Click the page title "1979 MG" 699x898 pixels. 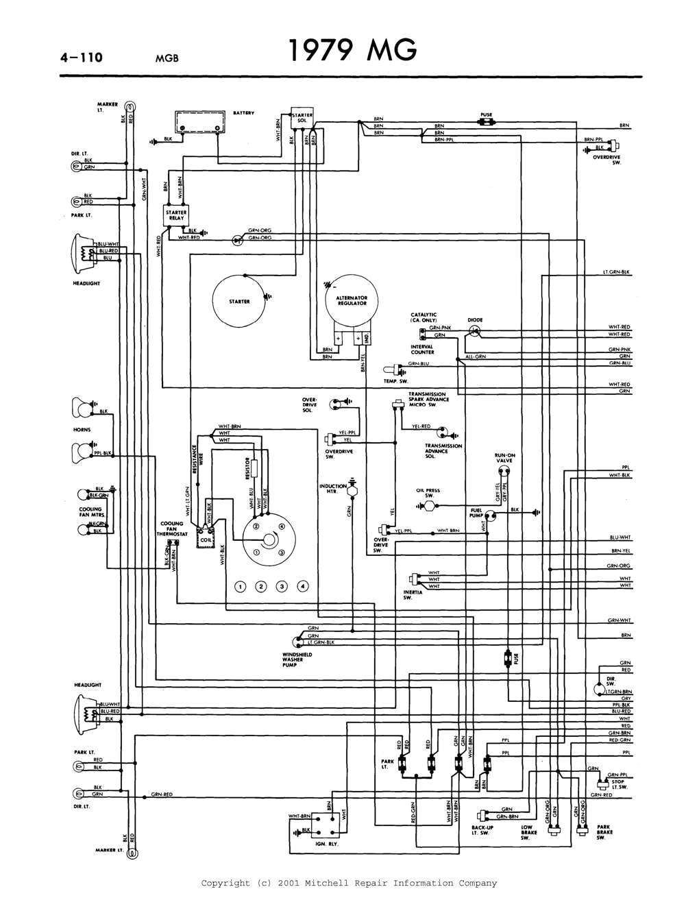(351, 51)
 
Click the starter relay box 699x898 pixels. (176, 216)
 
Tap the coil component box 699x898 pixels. (205, 539)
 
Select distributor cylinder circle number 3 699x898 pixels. (282, 586)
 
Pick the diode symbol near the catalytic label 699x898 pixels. (474, 331)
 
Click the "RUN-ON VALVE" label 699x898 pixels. (505, 458)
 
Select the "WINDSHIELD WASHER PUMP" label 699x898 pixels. (297, 659)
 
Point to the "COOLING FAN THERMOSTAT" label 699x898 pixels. (171, 529)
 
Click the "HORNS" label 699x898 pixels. (82, 430)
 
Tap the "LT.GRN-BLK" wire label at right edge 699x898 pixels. (616, 272)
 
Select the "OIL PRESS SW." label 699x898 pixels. (428, 493)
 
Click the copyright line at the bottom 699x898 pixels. (349, 883)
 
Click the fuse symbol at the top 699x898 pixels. (488, 123)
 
